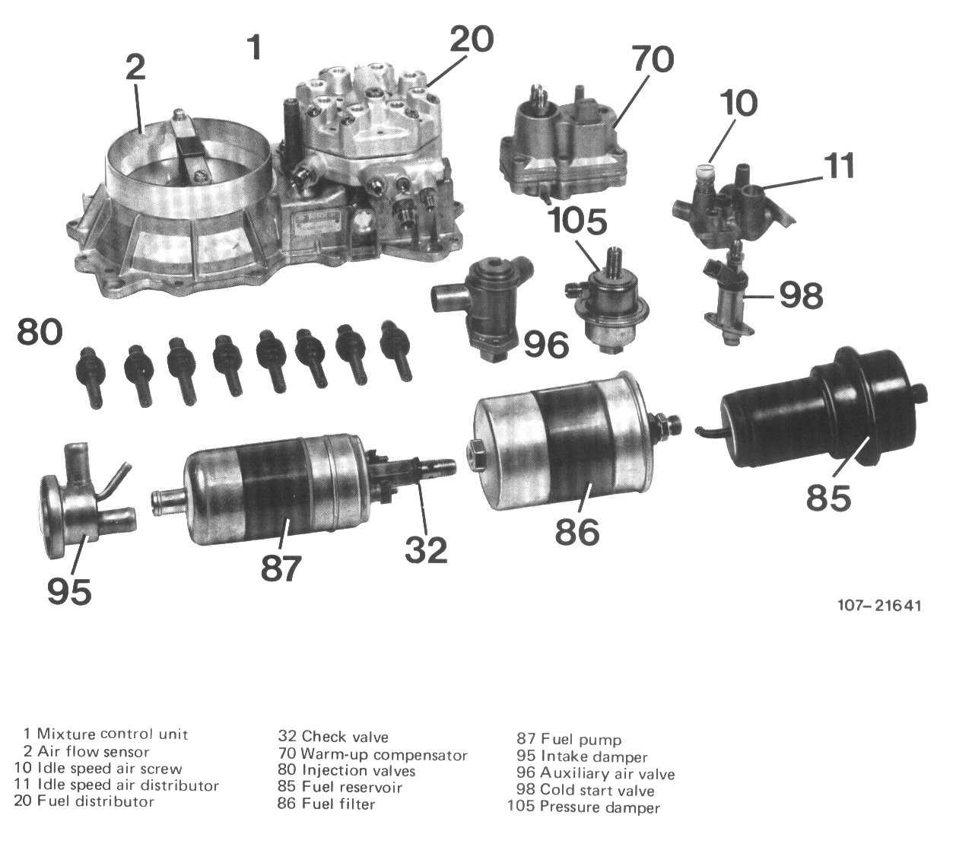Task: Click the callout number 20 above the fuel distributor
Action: tap(471, 40)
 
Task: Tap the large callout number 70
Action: tap(653, 59)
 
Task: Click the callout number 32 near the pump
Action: tap(426, 550)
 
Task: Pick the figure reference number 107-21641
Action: tap(879, 606)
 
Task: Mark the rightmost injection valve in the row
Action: tap(395, 349)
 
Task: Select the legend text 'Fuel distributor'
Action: tap(95, 801)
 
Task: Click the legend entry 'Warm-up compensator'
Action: tap(384, 755)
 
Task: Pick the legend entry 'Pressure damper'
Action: tap(600, 807)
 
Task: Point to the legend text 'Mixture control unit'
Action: tap(113, 734)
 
